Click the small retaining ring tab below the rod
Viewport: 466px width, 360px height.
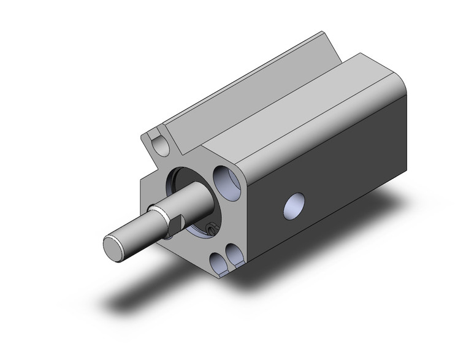(x=211, y=229)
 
